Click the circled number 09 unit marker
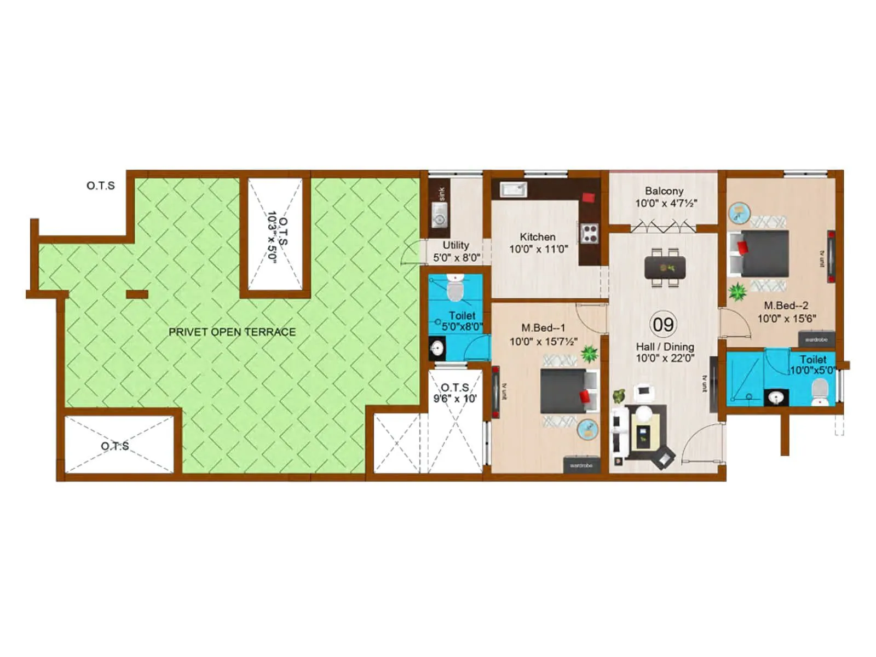tap(663, 324)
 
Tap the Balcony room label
tap(664, 191)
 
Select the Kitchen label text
tap(538, 237)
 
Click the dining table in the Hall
tap(665, 268)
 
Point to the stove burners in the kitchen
tap(590, 233)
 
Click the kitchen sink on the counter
tap(514, 189)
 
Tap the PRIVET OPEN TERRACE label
tap(232, 332)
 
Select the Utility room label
tap(456, 245)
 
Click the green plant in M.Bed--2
tap(737, 292)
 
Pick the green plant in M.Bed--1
tap(590, 354)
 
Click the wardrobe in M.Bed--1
tap(581, 465)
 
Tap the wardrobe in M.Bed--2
tap(816, 339)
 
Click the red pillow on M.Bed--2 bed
tap(742, 247)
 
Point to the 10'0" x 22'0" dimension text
tap(665, 359)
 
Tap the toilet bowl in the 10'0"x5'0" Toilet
tap(819, 391)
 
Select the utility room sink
tap(439, 215)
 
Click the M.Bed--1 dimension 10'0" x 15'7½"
tap(543, 342)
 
